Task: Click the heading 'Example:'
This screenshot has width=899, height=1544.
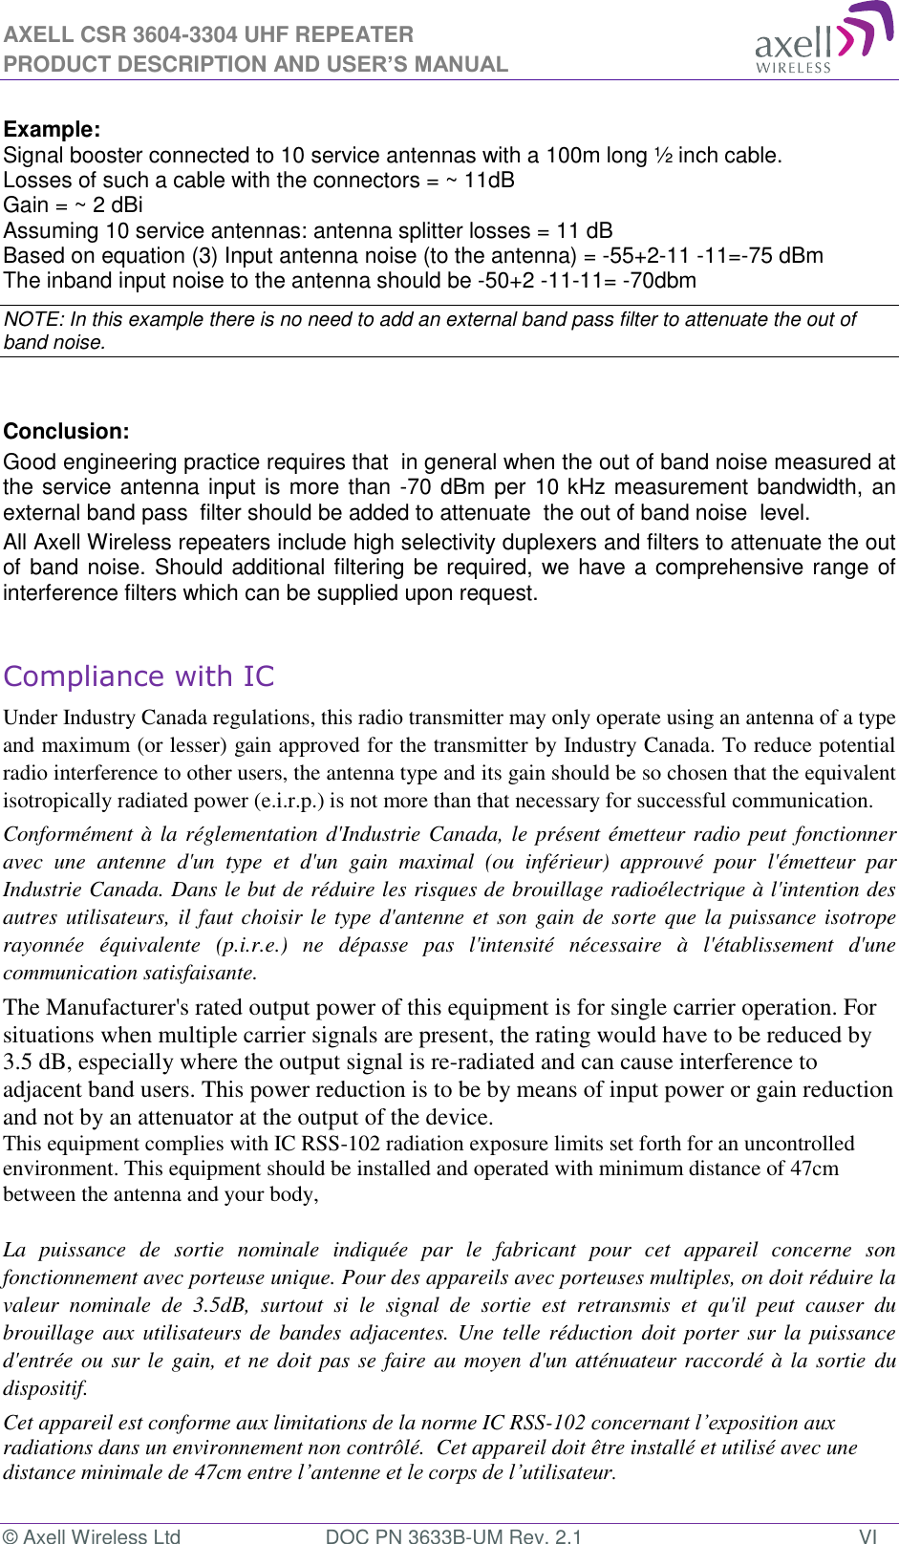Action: coord(53,130)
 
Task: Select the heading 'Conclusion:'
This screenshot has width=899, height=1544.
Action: coord(66,432)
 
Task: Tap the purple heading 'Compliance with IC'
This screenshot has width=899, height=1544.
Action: coord(139,676)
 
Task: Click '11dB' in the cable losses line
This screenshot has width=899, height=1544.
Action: coord(489,181)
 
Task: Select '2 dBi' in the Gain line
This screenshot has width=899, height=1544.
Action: coord(118,205)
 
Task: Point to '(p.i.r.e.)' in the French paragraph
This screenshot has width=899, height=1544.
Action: coord(251,945)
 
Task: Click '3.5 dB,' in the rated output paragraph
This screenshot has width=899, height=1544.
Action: coord(39,1062)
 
